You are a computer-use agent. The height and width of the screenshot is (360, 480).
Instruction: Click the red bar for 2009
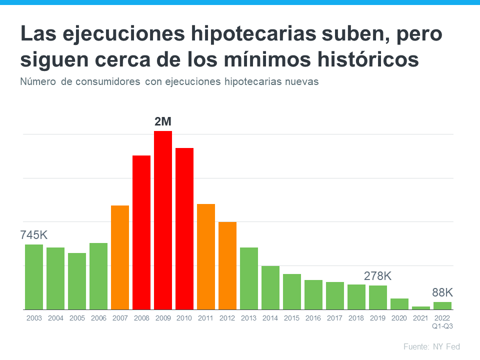pos(163,220)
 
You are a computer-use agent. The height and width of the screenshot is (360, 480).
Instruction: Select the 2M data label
pos(163,121)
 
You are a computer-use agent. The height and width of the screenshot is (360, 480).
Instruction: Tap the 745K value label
pos(33,235)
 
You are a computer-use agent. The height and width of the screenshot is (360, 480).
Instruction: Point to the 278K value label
pos(377,276)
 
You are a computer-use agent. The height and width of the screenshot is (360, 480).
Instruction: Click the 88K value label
pos(442,292)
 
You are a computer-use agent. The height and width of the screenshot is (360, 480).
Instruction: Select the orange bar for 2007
pos(120,257)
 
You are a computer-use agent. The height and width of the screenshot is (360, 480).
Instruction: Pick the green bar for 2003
pos(34,277)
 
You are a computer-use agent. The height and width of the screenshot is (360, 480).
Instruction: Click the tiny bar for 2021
pos(421,308)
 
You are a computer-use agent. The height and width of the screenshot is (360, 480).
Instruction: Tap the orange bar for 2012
pos(227,265)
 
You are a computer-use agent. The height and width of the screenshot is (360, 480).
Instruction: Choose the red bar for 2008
pos(141,232)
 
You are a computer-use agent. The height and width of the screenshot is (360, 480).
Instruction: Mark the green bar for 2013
pos(249,278)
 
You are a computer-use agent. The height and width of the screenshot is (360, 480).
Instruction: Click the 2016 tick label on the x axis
pos(313,318)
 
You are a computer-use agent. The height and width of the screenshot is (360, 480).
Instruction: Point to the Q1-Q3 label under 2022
pos(442,326)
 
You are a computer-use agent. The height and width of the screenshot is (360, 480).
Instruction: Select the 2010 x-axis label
pos(184,318)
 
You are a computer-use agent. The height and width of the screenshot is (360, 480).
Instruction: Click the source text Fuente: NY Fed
pos(431,346)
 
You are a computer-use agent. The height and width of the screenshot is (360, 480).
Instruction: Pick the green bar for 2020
pos(399,304)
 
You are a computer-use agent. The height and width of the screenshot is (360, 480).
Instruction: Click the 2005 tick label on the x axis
pos(77,318)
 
